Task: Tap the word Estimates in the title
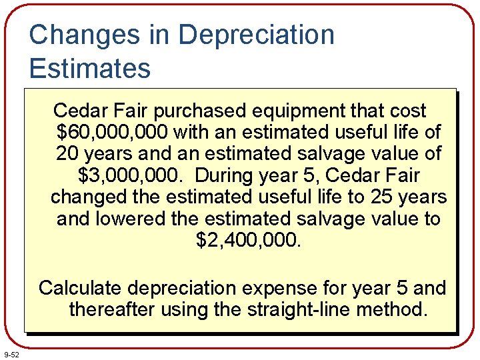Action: pos(90,68)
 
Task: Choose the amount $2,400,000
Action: pos(249,240)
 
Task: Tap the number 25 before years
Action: pos(363,197)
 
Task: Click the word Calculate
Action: pos(80,289)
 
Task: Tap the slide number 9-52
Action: pos(11,353)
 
